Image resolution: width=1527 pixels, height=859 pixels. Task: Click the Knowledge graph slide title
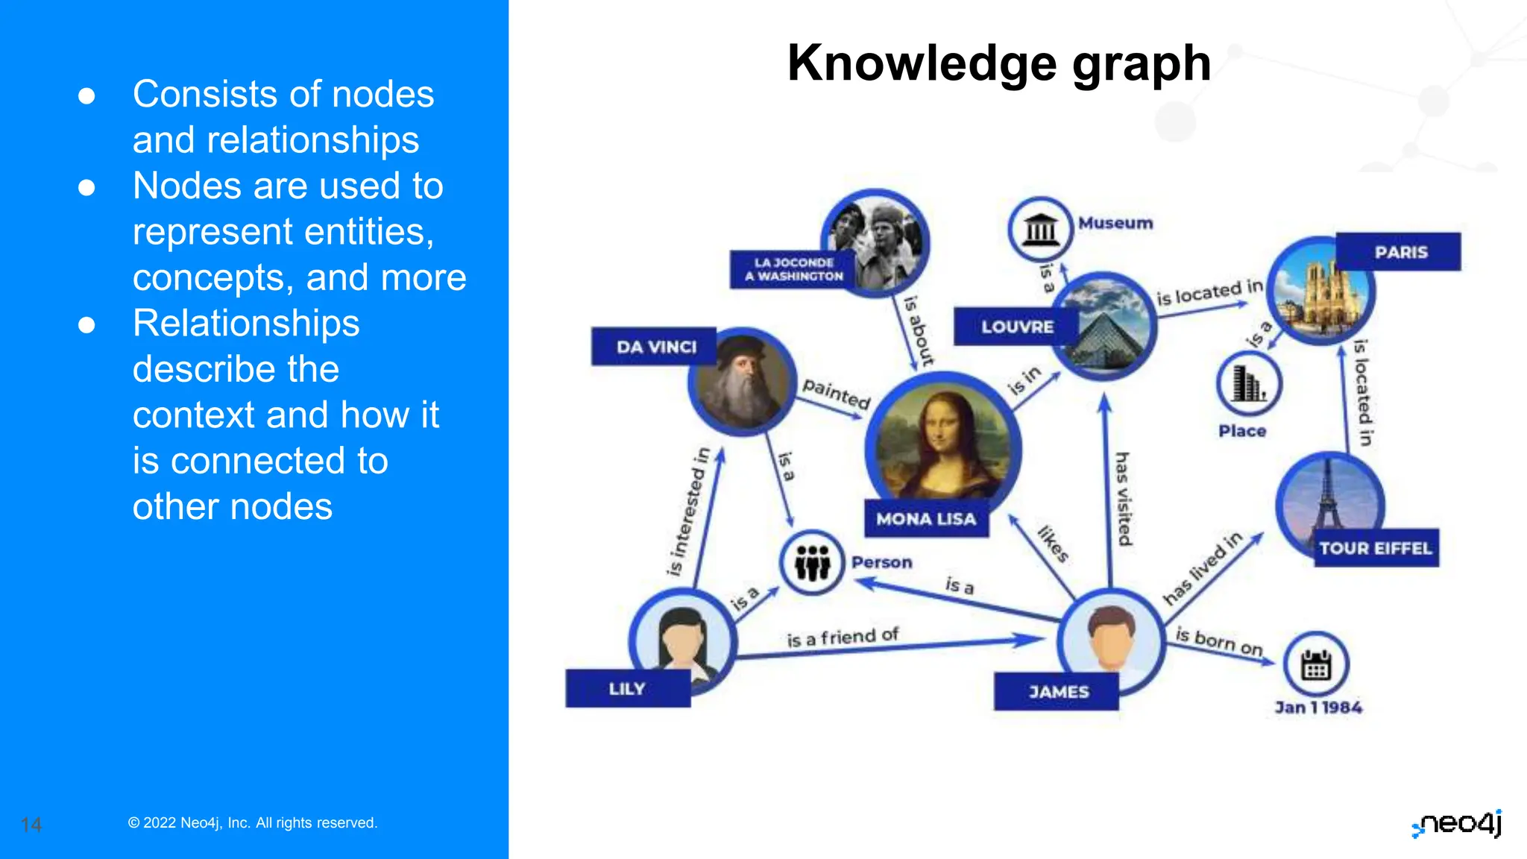pos(998,63)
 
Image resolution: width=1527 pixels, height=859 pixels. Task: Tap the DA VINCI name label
pos(655,347)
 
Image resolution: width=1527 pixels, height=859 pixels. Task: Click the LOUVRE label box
pos(1016,327)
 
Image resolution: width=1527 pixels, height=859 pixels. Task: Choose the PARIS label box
pos(1400,252)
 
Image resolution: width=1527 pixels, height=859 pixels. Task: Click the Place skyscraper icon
pos(1248,385)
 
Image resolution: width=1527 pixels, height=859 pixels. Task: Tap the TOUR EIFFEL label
pos(1376,549)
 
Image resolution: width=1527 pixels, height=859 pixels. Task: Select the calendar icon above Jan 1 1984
pos(1316,664)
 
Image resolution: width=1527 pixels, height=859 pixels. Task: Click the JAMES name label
pos(1057,692)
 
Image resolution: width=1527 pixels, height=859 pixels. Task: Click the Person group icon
pos(812,562)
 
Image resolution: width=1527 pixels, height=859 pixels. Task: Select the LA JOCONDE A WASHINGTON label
pos(793,269)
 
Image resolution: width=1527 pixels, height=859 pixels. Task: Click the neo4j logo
pos(1458,824)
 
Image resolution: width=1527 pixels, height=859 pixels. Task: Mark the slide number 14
pos(31,825)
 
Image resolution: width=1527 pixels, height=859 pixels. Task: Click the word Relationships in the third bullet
pos(246,324)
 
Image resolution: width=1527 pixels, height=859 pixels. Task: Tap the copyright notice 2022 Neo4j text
pos(253,823)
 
